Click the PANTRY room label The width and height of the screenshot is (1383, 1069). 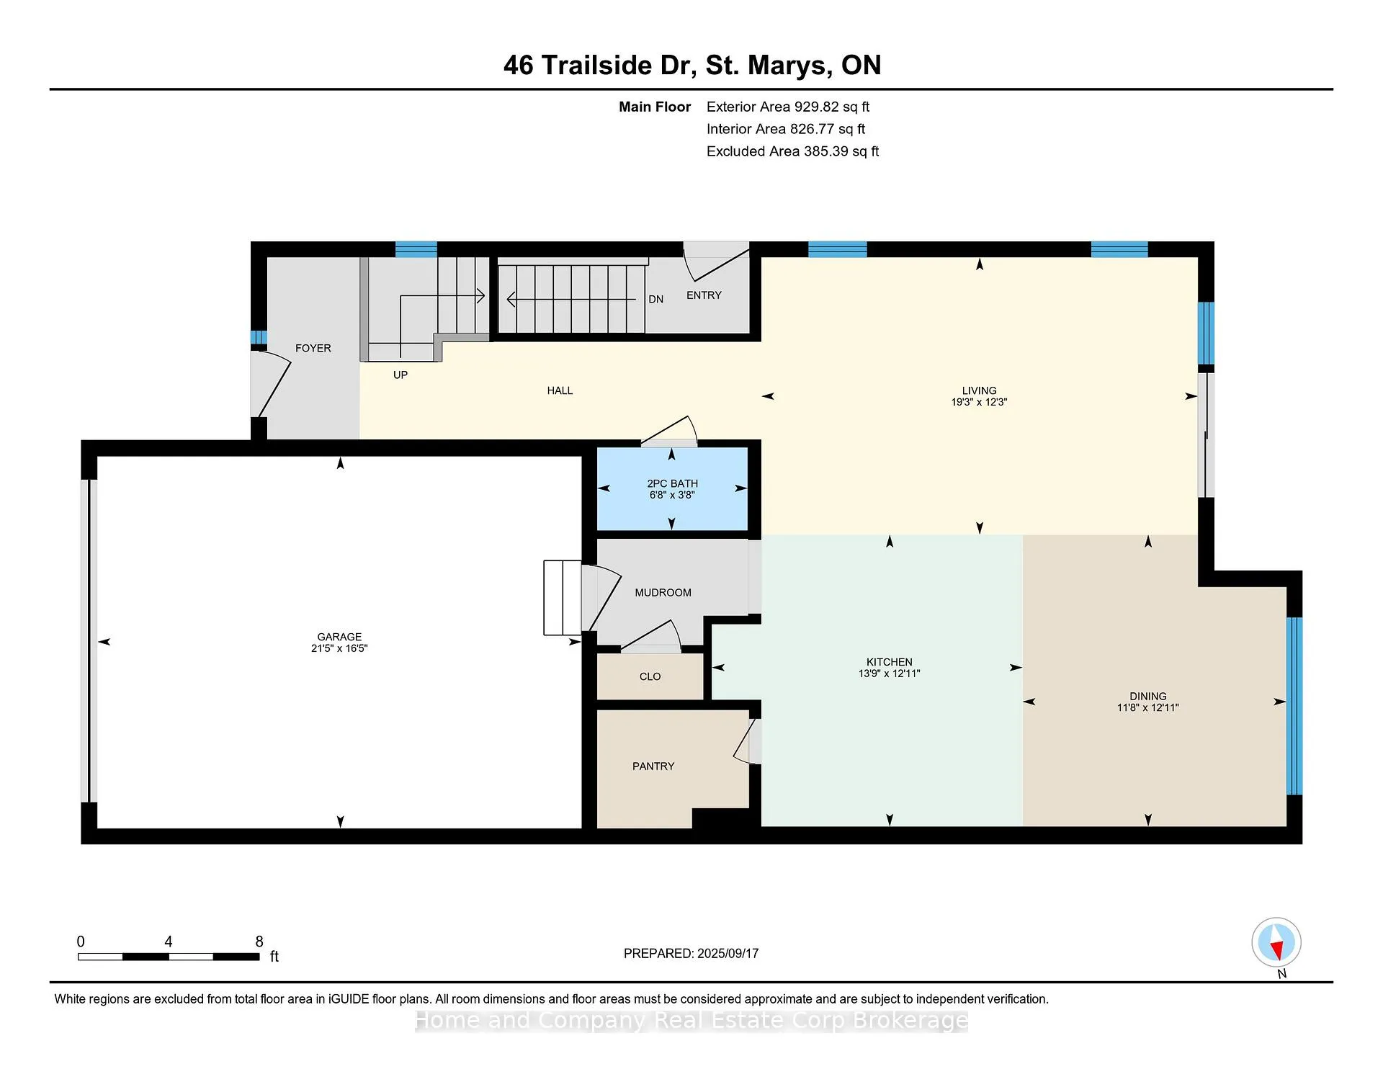pos(653,766)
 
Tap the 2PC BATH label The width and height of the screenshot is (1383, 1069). pos(672,483)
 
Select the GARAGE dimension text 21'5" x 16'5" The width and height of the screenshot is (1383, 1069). pos(339,648)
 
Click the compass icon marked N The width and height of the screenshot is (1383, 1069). pos(1276,942)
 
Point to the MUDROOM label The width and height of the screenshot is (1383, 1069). pos(663,593)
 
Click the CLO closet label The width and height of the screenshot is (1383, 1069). pos(650,676)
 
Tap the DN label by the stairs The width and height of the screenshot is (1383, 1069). pos(655,299)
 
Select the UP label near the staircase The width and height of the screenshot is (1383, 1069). pos(400,375)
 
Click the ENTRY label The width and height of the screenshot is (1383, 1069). pos(704,295)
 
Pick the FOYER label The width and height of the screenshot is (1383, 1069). pos(313,348)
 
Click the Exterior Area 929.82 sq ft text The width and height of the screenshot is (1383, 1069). pos(788,107)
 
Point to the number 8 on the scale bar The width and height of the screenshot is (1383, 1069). pos(259,941)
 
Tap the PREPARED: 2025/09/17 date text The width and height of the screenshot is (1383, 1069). pos(691,954)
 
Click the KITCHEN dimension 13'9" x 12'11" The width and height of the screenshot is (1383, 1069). pos(890,674)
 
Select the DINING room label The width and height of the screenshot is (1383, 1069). pos(1148,697)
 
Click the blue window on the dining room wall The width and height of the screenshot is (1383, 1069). pos(1294,706)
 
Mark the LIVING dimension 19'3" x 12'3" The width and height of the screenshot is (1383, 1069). pos(979,402)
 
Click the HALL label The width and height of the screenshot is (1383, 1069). pos(560,390)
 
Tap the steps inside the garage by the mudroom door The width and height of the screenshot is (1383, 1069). pos(563,598)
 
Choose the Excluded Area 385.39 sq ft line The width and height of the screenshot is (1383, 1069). pos(792,151)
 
